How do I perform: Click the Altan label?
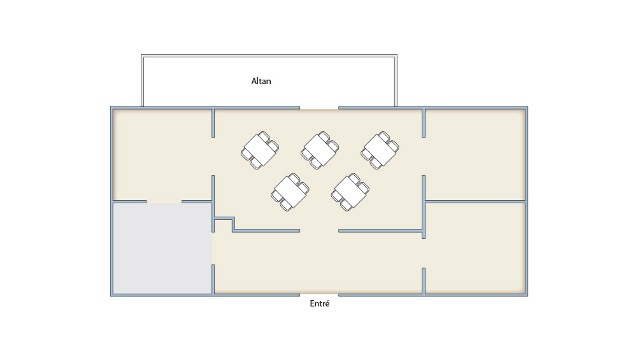261,82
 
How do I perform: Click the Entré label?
319,303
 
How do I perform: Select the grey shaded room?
162,248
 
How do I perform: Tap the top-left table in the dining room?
260,150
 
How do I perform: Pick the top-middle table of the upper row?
320,150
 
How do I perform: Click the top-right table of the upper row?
380,150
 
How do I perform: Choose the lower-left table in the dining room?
290,192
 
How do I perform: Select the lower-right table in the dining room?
350,192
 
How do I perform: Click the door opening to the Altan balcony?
319,108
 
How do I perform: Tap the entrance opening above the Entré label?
319,294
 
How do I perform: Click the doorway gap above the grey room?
164,201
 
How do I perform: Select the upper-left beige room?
162,155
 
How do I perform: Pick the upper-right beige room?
475,155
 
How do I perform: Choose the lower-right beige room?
475,248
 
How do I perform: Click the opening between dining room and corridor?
319,231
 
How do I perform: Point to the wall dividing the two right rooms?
475,201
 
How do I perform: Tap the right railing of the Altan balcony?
396,81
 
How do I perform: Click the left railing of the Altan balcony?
142,81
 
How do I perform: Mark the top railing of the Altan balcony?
269,55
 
